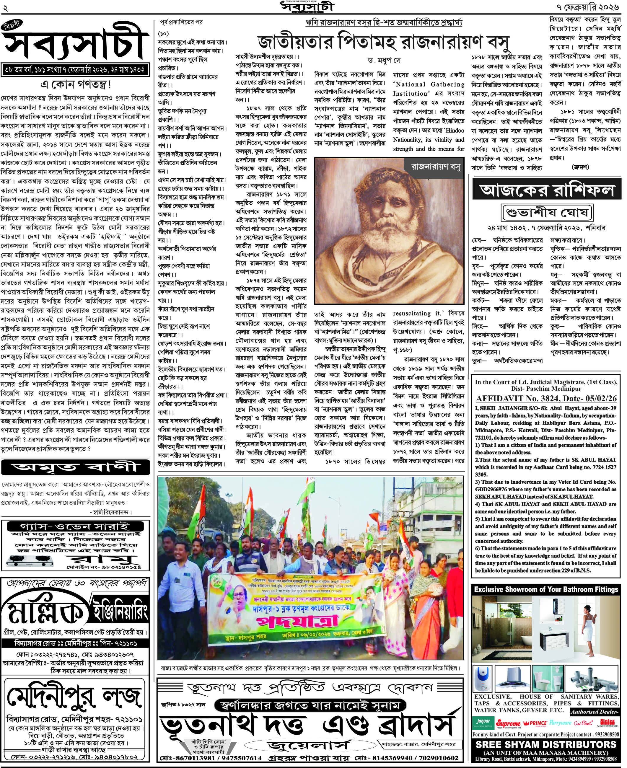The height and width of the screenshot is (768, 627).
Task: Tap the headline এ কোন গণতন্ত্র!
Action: pos(76,84)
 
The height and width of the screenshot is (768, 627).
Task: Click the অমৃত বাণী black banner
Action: pos(76,467)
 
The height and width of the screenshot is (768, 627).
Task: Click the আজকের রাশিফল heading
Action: pos(547,190)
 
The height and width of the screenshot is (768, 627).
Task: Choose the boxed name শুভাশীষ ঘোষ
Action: pos(548,213)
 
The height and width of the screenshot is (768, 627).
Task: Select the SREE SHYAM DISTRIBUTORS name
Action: pos(546,744)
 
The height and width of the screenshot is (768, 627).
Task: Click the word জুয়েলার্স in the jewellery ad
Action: pos(309,745)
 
